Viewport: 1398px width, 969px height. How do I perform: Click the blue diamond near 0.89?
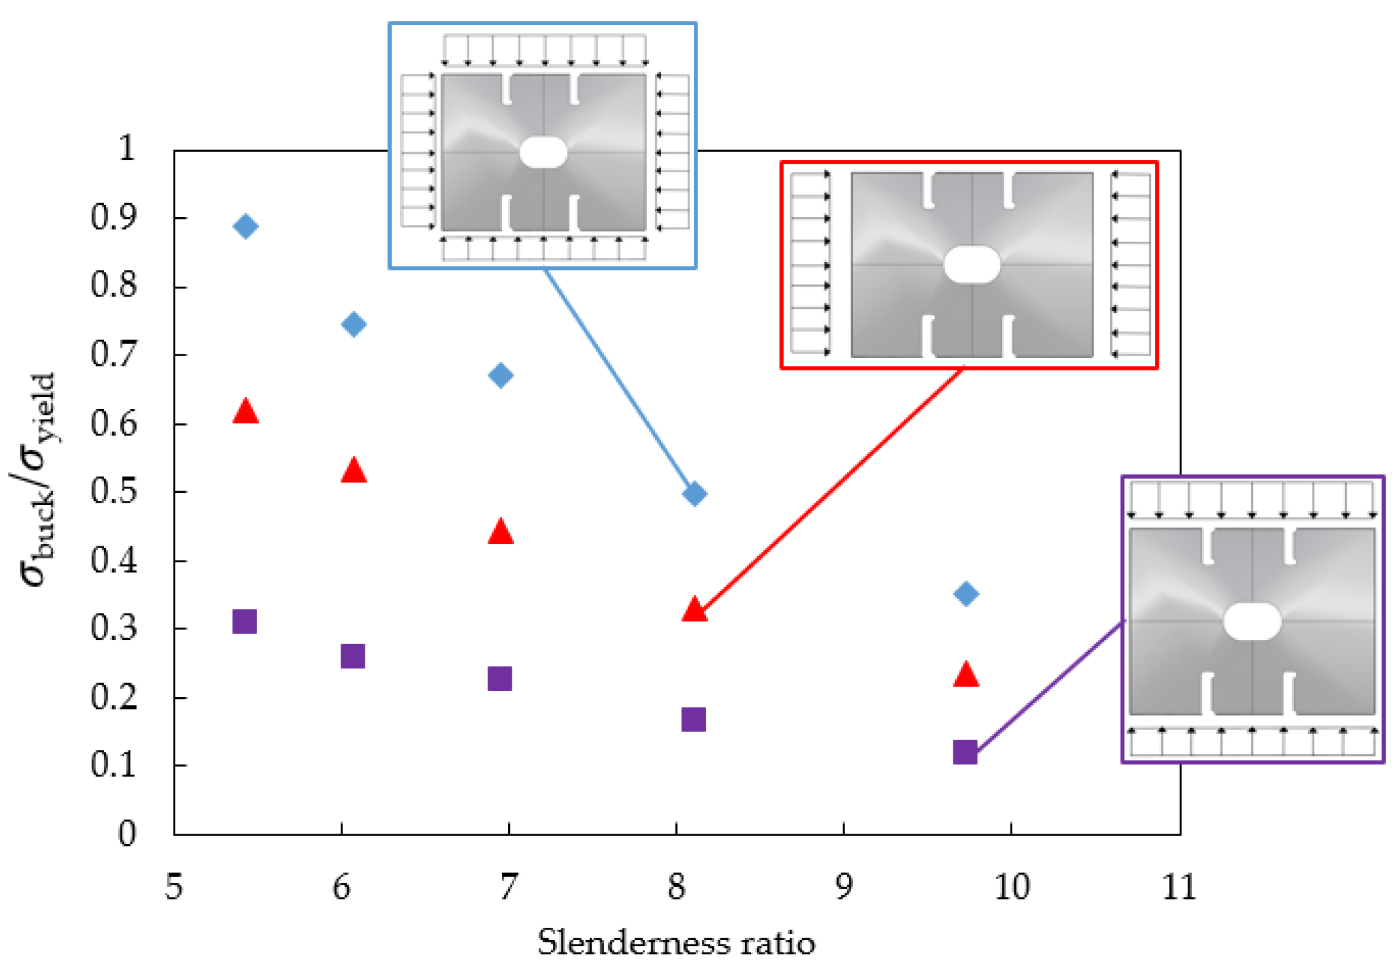[x=245, y=226]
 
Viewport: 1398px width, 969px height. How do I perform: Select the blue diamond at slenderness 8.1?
[x=694, y=493]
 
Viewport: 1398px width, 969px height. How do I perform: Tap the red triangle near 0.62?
[x=245, y=411]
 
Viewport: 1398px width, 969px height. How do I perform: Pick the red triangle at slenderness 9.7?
[x=966, y=675]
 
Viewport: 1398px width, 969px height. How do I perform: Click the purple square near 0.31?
[x=245, y=622]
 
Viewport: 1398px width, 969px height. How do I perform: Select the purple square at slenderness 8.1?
[x=694, y=719]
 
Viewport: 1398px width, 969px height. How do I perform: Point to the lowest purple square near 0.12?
[x=965, y=752]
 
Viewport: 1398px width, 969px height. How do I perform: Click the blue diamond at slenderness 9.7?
[x=966, y=594]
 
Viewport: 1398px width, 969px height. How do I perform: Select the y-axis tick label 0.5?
[x=114, y=491]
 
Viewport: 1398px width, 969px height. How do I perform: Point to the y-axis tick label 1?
[x=127, y=148]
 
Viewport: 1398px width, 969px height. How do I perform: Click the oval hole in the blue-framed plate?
[x=543, y=153]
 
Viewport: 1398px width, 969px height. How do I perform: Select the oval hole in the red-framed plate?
[x=972, y=265]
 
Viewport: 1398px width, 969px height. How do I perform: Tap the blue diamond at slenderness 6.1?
[x=354, y=324]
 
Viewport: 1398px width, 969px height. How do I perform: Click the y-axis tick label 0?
[x=127, y=834]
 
